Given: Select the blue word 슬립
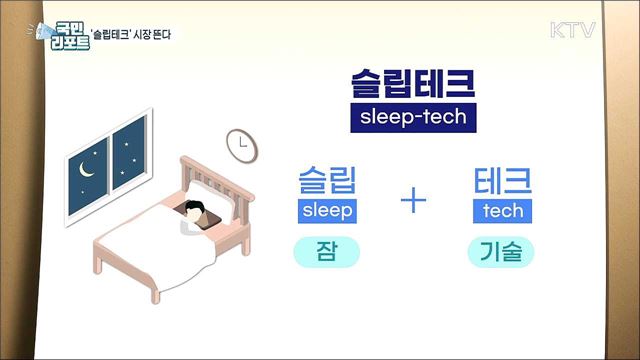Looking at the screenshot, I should click(x=327, y=180).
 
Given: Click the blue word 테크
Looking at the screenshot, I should click(x=502, y=180).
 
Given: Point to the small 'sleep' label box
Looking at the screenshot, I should click(x=327, y=211).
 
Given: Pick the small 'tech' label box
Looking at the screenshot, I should click(x=502, y=211).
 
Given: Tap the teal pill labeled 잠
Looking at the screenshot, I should click(x=327, y=253).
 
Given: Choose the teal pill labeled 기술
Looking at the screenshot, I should click(x=502, y=253).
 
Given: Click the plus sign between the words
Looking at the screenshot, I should click(x=413, y=202).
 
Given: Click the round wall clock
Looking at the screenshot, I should click(x=241, y=144).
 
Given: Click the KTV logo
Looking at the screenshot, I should click(x=572, y=30).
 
